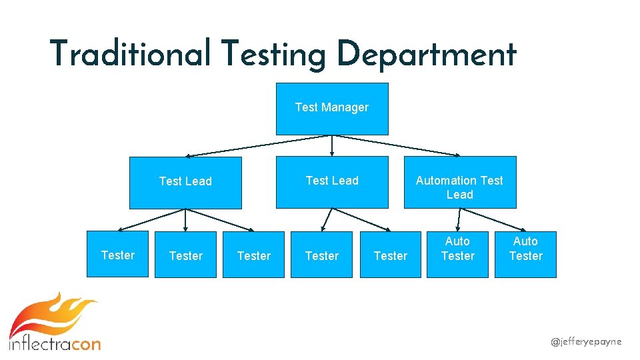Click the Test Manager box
click(332, 109)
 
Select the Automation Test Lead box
click(459, 182)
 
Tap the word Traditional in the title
click(130, 54)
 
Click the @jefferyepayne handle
click(586, 341)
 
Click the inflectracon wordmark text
click(55, 344)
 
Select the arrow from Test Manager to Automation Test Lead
click(400, 146)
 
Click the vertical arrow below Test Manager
click(332, 145)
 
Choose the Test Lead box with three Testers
click(185, 182)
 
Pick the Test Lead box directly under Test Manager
click(332, 182)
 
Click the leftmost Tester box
click(118, 255)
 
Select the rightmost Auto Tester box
click(525, 254)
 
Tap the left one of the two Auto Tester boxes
click(457, 254)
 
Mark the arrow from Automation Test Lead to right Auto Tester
click(488, 218)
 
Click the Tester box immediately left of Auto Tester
click(390, 255)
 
